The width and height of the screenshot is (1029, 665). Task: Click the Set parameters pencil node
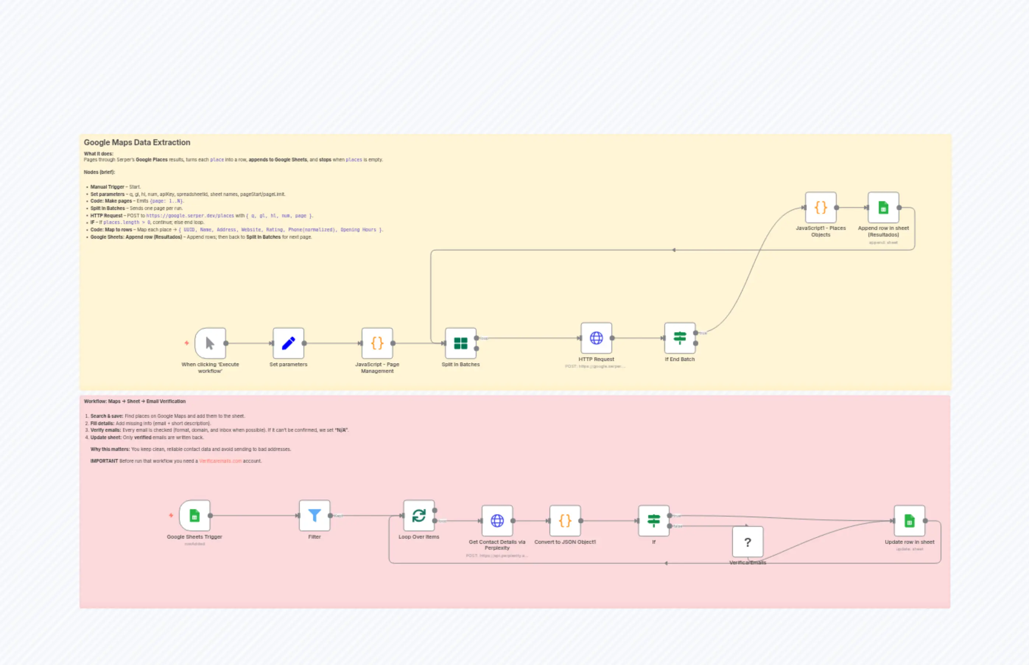click(x=288, y=343)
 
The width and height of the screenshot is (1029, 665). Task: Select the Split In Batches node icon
click(x=461, y=343)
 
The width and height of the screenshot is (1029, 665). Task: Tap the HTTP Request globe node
click(x=596, y=338)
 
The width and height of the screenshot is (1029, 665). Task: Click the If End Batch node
click(x=680, y=338)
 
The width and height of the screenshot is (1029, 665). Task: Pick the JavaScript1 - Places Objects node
click(x=821, y=208)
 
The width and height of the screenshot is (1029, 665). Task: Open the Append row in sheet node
click(x=883, y=208)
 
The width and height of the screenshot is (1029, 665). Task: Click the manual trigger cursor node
click(x=210, y=343)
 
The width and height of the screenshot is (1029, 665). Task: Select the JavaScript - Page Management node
click(x=377, y=343)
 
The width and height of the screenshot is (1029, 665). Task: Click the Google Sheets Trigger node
click(x=195, y=515)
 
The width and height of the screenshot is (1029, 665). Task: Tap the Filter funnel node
click(x=314, y=515)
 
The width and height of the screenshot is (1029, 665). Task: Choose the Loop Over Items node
click(x=419, y=515)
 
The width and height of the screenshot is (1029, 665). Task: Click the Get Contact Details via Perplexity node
click(x=497, y=521)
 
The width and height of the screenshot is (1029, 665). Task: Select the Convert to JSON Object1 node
click(x=565, y=521)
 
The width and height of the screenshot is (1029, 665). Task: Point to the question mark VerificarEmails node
click(x=748, y=542)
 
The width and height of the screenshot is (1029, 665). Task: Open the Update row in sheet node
click(x=909, y=521)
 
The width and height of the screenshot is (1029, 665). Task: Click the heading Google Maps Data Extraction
click(x=137, y=143)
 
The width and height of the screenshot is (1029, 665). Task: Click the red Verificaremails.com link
click(x=220, y=461)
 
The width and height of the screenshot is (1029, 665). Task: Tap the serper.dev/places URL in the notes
click(x=190, y=216)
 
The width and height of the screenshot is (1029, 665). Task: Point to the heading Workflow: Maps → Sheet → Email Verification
click(x=135, y=402)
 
